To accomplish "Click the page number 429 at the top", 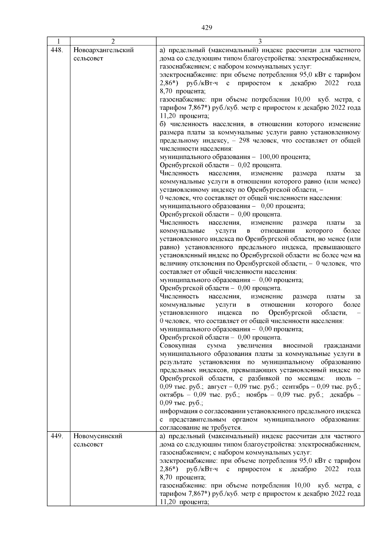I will (x=207, y=28).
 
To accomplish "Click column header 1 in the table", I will (x=58, y=42).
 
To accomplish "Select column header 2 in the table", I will (x=113, y=42).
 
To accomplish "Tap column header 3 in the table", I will (x=260, y=42).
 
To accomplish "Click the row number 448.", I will (x=57, y=50).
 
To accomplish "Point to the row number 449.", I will (x=57, y=436).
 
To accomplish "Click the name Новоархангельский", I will (x=104, y=50).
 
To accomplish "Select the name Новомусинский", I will (x=98, y=436).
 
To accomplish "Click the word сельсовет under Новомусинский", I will (x=88, y=445).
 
